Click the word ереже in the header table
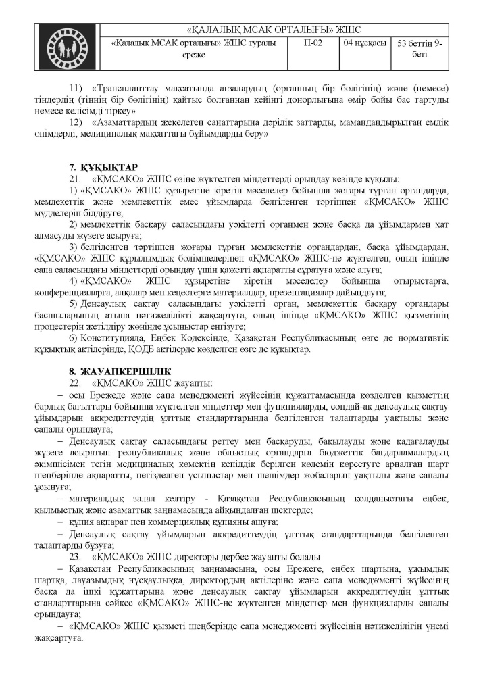click(193, 55)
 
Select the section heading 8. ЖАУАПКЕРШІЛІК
click(115, 371)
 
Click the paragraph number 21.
click(75, 179)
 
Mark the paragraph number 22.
click(75, 383)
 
